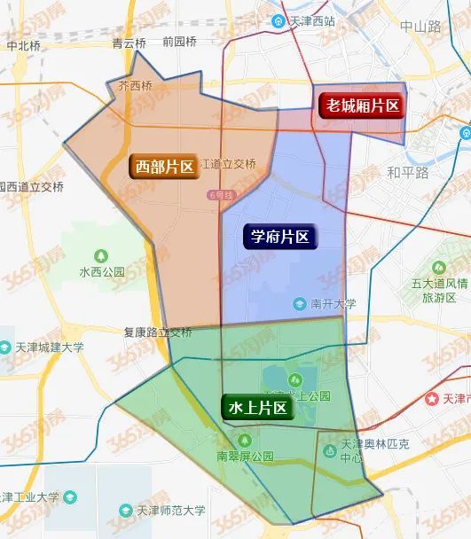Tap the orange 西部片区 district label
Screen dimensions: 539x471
pyautogui.click(x=164, y=166)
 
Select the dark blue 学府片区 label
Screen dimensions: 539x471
pyautogui.click(x=279, y=237)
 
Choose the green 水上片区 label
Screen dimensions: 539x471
pyautogui.click(x=257, y=408)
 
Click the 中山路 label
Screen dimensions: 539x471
pyautogui.click(x=420, y=27)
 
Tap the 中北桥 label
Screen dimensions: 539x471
pyautogui.click(x=23, y=44)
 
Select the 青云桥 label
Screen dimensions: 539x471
pyautogui.click(x=129, y=42)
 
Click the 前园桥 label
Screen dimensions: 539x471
pyautogui.click(x=179, y=42)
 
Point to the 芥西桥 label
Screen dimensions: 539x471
pyautogui.click(x=135, y=86)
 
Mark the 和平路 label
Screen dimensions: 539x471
pyautogui.click(x=407, y=171)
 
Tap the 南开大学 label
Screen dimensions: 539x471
pyautogui.click(x=333, y=304)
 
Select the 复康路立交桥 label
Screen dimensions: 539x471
pyautogui.click(x=158, y=333)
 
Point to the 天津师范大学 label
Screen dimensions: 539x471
pyautogui.click(x=171, y=511)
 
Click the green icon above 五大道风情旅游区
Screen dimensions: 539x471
pyautogui.click(x=438, y=267)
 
